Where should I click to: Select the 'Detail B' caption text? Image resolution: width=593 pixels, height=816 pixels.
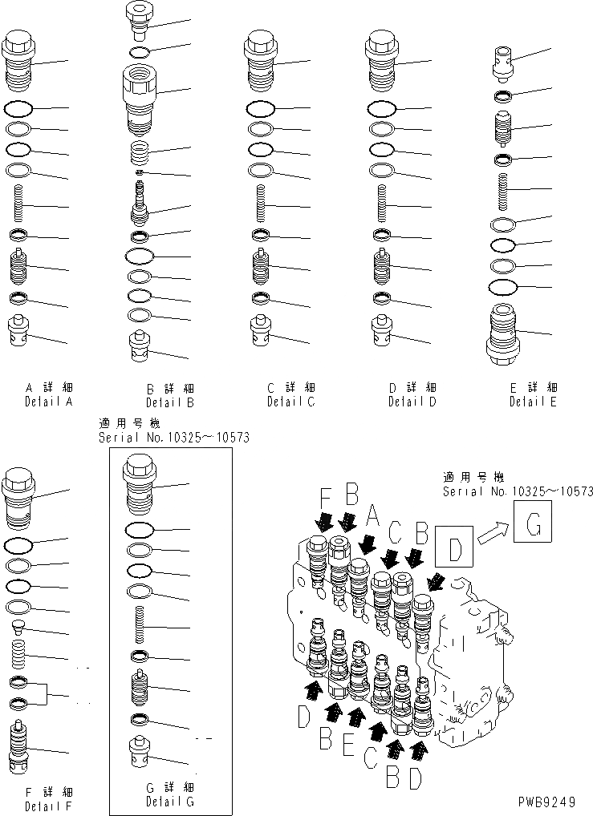coord(169,402)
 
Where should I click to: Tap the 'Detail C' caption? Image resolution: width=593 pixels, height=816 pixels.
coord(290,401)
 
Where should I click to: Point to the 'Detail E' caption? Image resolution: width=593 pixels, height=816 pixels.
coord(533,402)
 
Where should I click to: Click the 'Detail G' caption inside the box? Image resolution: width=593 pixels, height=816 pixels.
coord(169,801)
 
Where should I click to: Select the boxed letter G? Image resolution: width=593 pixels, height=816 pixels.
coord(534,527)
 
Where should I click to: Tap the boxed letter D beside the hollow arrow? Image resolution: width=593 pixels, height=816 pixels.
coord(454,549)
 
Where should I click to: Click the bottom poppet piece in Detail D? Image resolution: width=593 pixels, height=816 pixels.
coord(380,331)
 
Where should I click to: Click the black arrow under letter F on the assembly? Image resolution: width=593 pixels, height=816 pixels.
coord(324,522)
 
